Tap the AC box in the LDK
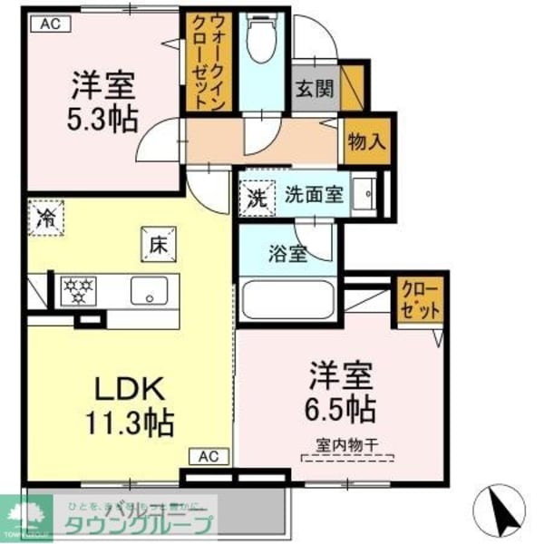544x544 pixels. (x=208, y=456)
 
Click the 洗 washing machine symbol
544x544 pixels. (x=254, y=196)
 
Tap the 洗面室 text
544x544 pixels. (x=313, y=194)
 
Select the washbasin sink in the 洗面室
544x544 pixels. (x=367, y=194)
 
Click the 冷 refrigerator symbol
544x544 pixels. (x=44, y=216)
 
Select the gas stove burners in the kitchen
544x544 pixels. (x=80, y=290)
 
